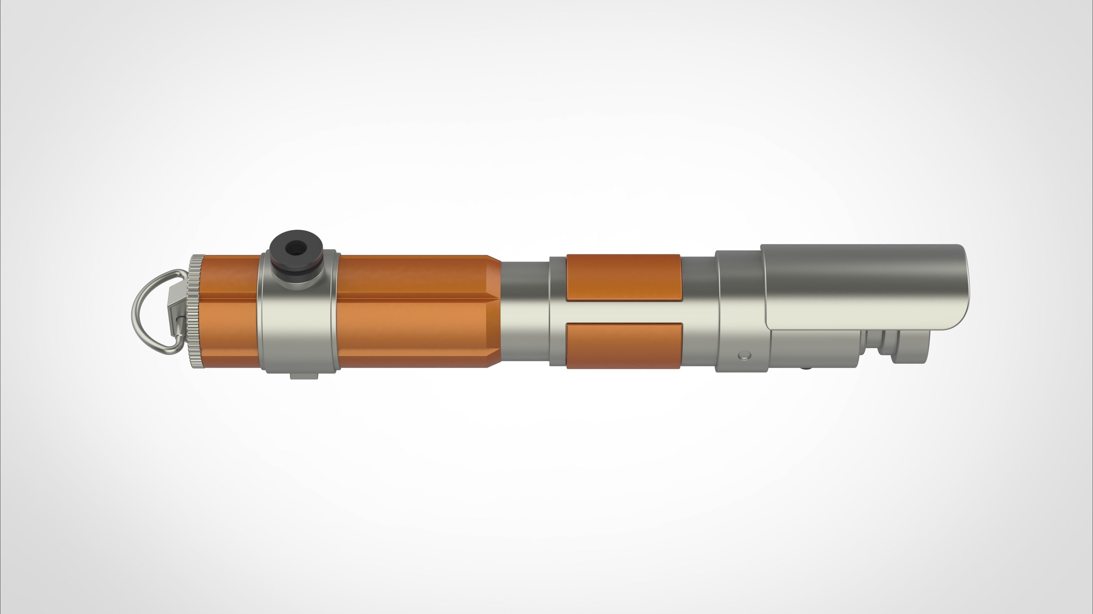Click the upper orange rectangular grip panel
tap(624, 278)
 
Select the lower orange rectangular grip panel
tap(624, 345)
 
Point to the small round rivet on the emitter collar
tap(745, 355)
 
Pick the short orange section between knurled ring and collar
tap(231, 312)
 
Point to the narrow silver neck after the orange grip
tap(525, 314)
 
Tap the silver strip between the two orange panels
tap(624, 312)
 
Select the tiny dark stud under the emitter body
tap(803, 368)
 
